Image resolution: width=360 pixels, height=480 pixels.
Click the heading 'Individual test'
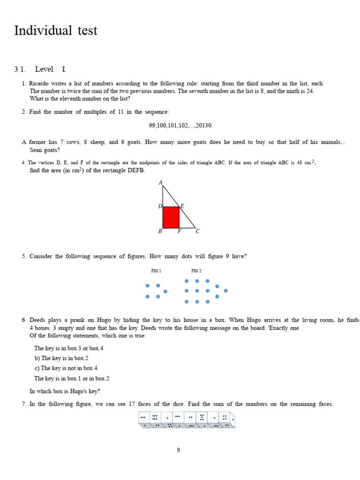tap(56, 31)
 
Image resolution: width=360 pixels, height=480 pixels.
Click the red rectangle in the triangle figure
tap(171, 217)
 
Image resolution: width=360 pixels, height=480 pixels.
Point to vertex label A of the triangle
tap(160, 183)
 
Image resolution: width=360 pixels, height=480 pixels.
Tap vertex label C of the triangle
tap(197, 231)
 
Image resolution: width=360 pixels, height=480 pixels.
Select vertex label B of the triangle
tap(160, 231)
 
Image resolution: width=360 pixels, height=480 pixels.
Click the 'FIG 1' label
tap(156, 271)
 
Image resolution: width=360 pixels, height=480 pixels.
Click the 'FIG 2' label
tap(196, 271)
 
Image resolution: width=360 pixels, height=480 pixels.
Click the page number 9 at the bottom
tap(179, 450)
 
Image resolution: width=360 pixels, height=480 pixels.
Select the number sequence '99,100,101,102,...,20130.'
tap(180, 126)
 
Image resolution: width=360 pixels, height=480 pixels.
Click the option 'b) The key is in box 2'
tap(61, 358)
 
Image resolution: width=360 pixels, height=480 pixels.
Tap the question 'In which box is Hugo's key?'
tap(65, 391)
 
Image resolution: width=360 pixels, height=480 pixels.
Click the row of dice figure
tap(187, 420)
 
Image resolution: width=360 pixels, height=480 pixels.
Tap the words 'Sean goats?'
tap(45, 150)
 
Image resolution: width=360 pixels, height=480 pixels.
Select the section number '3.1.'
tap(19, 69)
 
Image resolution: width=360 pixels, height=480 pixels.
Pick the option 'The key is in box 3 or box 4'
tap(68, 348)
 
